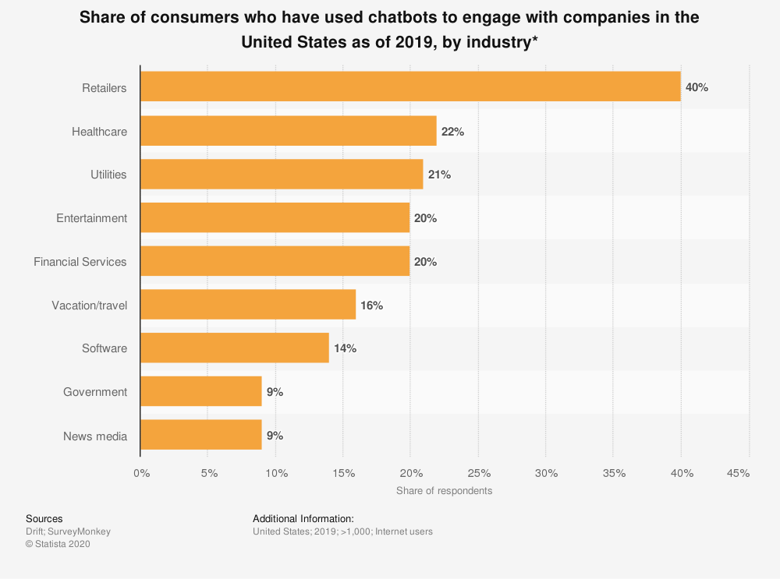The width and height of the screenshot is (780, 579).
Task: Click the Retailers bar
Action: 410,87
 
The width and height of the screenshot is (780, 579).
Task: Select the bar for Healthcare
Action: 289,131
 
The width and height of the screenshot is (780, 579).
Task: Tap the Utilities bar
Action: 282,175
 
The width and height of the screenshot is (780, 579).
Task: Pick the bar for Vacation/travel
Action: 248,305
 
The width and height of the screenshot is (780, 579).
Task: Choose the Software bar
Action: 235,348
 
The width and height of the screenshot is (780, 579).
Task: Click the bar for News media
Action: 201,436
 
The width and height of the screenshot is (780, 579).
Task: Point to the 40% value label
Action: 697,87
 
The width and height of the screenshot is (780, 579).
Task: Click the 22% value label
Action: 452,132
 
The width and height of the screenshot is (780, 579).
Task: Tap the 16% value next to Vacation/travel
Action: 371,305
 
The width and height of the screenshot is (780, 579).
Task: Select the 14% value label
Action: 345,348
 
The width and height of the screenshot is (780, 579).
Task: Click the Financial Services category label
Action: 80,262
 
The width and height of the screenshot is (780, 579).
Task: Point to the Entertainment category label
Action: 91,218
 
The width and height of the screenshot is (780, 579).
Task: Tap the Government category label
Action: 95,392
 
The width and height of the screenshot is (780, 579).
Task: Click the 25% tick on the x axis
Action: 479,473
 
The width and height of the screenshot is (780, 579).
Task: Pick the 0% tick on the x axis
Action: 141,473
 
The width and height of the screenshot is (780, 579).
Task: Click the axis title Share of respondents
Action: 444,491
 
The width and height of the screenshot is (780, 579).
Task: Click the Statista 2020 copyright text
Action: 58,545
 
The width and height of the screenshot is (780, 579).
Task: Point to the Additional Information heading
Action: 303,518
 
